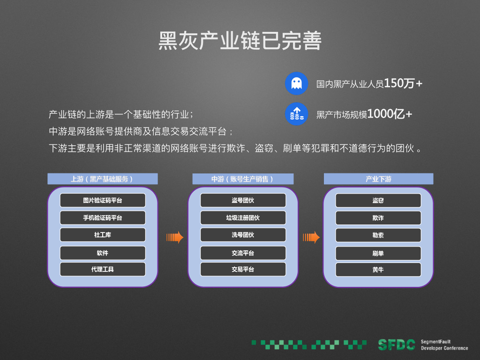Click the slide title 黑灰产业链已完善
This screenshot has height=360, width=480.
240,41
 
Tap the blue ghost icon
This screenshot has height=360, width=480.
296,83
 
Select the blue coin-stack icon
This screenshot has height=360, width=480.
296,113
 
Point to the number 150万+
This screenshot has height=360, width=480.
403,83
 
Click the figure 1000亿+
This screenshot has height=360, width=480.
390,113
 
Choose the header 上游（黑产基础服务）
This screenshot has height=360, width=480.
102,179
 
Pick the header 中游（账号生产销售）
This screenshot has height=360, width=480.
243,179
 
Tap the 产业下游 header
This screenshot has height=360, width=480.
378,179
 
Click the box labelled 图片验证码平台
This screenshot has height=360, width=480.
102,200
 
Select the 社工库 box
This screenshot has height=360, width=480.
102,235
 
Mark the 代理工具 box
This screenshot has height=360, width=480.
102,269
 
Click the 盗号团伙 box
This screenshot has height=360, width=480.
243,200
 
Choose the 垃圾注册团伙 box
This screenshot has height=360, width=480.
243,217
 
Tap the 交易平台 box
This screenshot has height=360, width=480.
243,269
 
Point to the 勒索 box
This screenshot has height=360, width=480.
378,235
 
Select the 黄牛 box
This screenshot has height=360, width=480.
378,270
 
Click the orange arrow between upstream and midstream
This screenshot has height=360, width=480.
174,237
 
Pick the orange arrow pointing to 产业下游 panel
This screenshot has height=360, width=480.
311,237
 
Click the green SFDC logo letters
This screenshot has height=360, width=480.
397,345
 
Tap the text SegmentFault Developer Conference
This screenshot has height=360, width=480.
444,345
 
